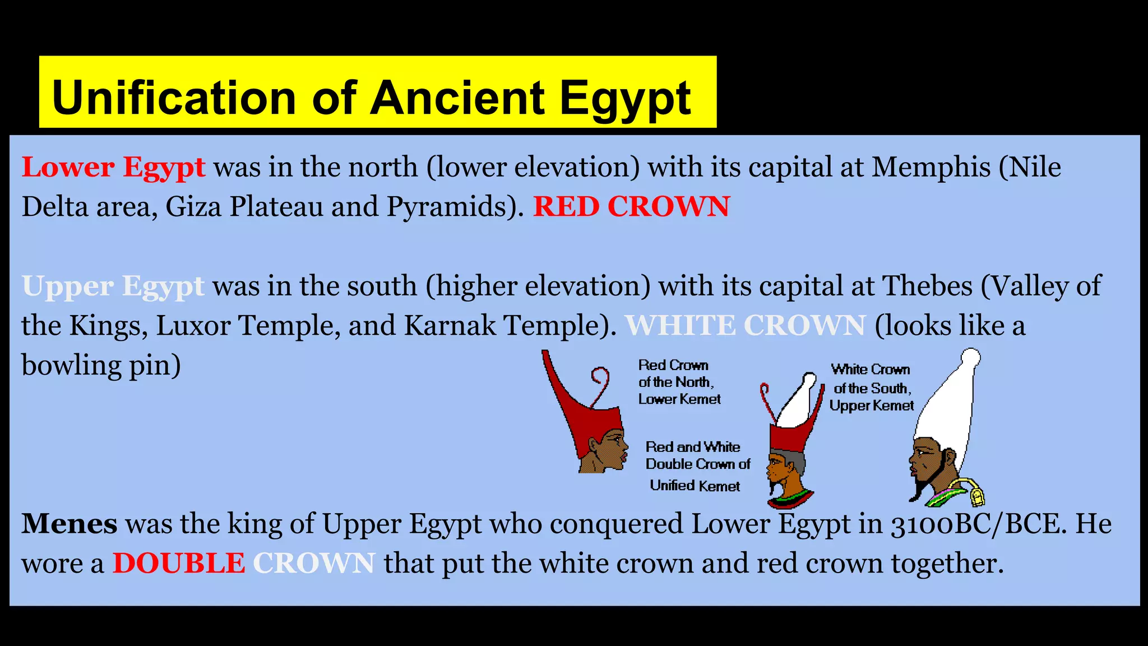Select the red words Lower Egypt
pos(113,168)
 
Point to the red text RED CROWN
pos(631,207)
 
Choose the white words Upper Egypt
pos(113,287)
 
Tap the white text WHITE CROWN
pos(745,326)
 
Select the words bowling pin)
pos(101,366)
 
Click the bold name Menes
pos(70,524)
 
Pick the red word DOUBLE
pos(179,564)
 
